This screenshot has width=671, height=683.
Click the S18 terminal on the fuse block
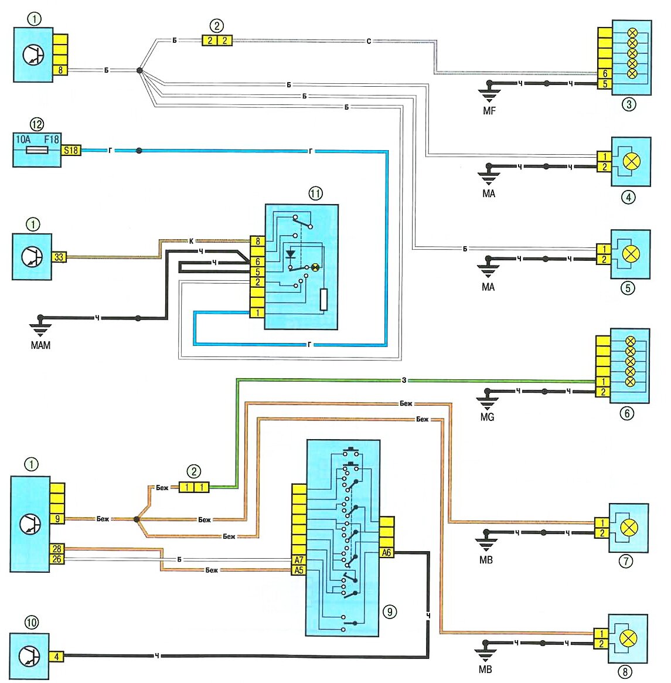(71, 150)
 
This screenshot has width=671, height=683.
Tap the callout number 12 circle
(37, 124)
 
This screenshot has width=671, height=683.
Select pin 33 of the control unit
(59, 257)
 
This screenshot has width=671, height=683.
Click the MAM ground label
(40, 345)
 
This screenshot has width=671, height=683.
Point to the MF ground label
(489, 110)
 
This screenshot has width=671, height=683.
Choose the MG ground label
(487, 417)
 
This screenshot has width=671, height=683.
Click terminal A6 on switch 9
(386, 552)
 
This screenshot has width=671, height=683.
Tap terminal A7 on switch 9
(299, 560)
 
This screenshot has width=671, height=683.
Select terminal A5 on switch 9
(299, 570)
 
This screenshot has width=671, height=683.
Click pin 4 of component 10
(56, 657)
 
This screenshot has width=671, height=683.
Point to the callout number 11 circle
(316, 193)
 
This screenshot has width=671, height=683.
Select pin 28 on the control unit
(57, 549)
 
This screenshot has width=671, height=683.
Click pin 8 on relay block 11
(257, 241)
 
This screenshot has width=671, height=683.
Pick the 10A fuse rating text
(23, 140)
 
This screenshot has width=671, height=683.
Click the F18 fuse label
(51, 140)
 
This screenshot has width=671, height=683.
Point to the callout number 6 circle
(626, 413)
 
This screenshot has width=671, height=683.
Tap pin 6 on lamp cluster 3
(605, 74)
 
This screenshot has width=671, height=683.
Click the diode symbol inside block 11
(290, 254)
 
